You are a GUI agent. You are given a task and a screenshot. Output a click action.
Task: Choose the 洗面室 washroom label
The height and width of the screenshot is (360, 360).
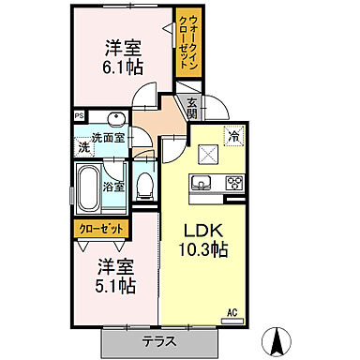pos(102,138)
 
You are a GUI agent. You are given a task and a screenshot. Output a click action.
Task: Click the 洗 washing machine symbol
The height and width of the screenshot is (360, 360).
pos(84,148)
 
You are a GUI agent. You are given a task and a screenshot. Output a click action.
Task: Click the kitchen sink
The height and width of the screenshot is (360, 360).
pos(200,180)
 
